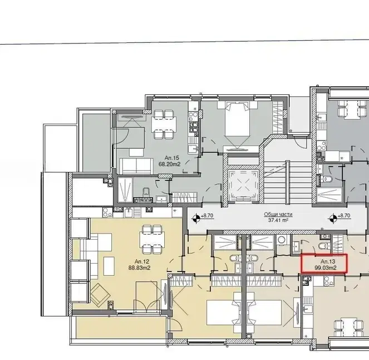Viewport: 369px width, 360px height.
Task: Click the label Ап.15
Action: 172,158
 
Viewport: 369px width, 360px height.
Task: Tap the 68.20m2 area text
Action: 169,164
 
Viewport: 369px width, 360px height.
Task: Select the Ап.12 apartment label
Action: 142,261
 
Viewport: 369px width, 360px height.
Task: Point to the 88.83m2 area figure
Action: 140,268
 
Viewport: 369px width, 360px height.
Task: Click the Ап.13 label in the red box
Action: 328,261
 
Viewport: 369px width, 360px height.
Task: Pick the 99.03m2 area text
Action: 326,268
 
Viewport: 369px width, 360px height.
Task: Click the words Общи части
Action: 278,215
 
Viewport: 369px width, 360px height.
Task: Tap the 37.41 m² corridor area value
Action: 278,220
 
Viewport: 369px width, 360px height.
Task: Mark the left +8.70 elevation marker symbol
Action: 196,218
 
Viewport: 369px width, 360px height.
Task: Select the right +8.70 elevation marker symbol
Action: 332,218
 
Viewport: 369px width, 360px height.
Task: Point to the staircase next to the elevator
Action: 288,182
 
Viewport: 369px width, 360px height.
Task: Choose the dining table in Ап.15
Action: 164,125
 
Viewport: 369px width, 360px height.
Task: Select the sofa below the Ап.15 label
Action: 136,166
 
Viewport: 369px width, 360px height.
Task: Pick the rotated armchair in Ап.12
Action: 100,295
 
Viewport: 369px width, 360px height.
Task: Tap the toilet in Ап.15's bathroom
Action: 146,192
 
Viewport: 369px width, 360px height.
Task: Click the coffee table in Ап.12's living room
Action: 109,266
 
